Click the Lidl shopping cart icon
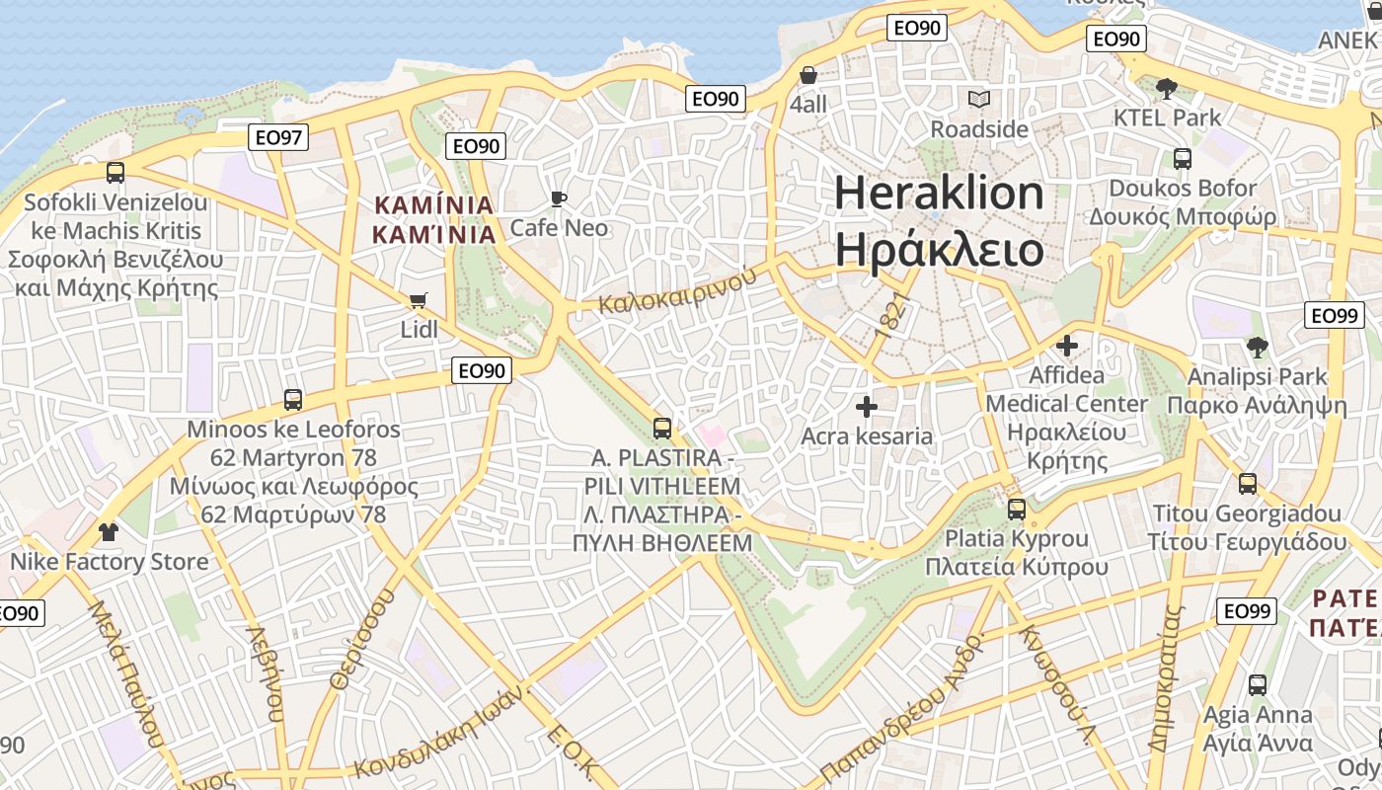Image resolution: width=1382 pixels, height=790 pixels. tap(419, 299)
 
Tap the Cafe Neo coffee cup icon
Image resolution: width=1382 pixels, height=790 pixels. tap(559, 199)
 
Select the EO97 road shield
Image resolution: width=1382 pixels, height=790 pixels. tap(279, 137)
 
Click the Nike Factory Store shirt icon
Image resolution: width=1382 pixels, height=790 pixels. tap(109, 532)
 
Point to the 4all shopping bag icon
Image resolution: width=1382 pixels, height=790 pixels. tap(807, 75)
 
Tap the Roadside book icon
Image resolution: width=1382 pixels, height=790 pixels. tap(979, 100)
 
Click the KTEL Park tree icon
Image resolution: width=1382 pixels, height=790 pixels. tap(1166, 88)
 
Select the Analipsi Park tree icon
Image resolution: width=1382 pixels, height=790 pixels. tap(1257, 347)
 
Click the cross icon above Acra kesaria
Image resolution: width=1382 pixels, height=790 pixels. tap(867, 406)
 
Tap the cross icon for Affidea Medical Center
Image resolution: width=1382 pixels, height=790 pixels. tap(1067, 346)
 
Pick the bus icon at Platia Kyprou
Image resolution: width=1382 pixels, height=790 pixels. tap(1017, 510)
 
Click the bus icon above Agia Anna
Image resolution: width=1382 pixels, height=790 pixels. tap(1257, 684)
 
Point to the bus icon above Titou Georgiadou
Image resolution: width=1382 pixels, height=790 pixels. tap(1248, 483)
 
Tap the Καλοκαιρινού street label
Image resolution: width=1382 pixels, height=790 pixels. tap(677, 288)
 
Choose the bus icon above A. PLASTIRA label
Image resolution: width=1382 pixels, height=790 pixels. tap(662, 429)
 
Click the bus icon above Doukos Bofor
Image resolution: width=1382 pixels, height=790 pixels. tap(1182, 158)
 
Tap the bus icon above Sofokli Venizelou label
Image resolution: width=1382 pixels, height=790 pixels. tap(115, 173)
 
